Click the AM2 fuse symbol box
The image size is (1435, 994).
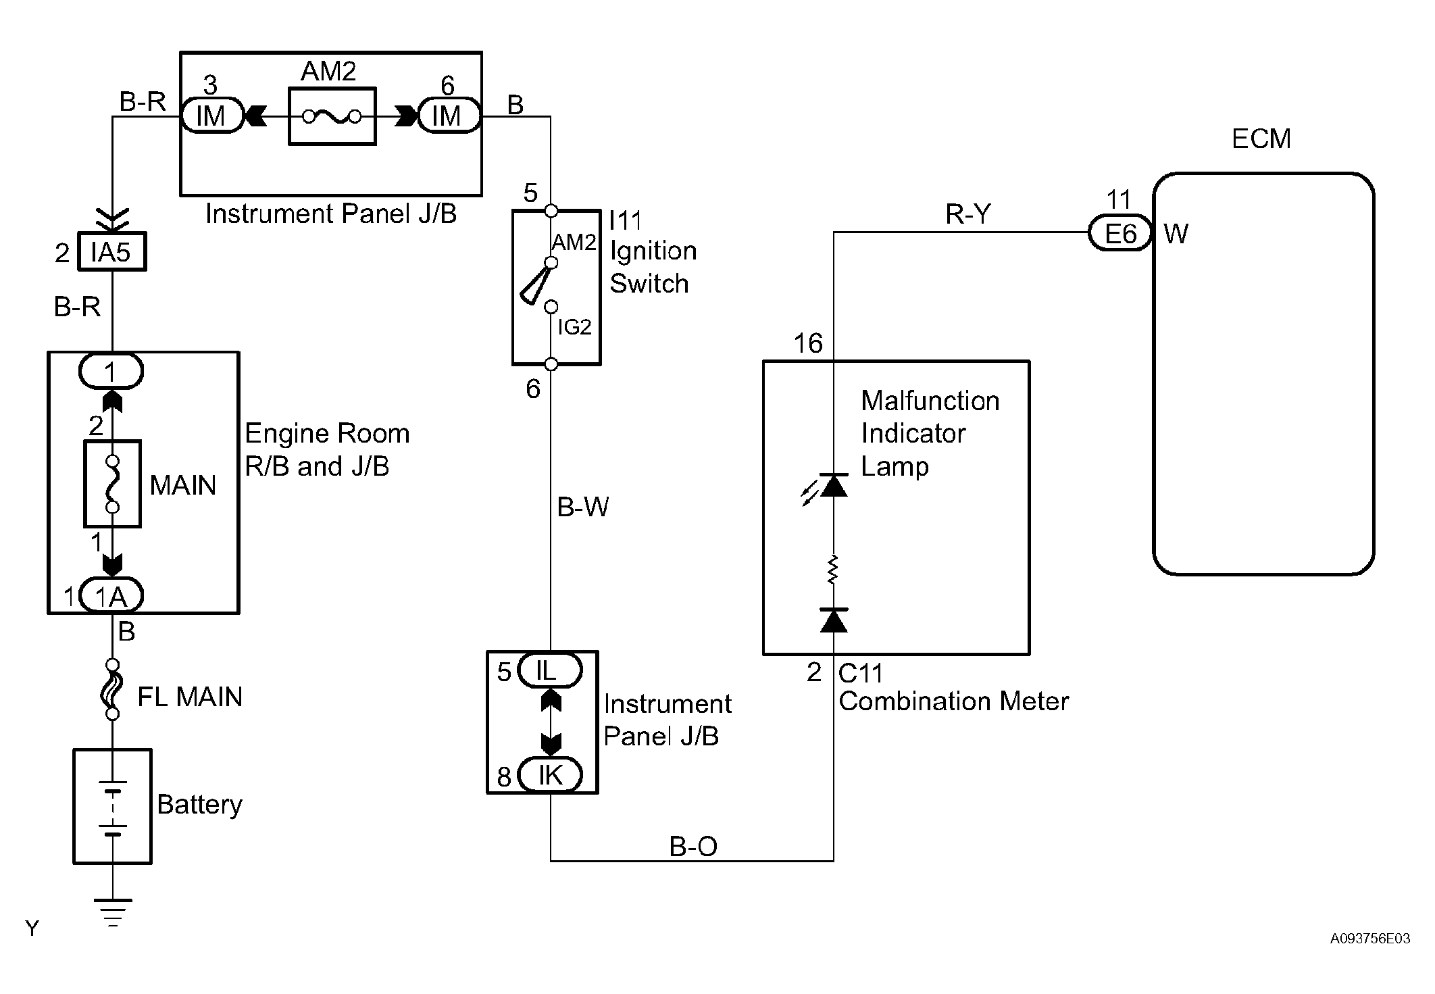(332, 116)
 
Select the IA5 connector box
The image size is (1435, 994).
(111, 253)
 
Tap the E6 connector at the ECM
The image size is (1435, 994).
(1119, 234)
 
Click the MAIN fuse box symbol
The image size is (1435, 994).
(112, 484)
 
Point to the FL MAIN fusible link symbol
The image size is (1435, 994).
(113, 689)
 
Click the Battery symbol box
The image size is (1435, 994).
(112, 805)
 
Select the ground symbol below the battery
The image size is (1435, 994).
(113, 911)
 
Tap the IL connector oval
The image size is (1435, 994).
(549, 671)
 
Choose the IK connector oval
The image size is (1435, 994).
(550, 775)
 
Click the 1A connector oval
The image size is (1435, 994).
(111, 596)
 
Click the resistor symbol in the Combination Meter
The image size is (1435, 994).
(833, 570)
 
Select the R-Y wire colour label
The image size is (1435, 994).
(967, 214)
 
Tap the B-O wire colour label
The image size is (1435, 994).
(693, 846)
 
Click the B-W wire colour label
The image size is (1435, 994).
(582, 507)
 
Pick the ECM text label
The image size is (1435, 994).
(1261, 139)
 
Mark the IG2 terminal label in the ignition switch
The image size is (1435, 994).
(574, 328)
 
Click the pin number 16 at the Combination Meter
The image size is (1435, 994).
(808, 344)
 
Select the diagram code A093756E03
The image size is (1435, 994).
(1369, 939)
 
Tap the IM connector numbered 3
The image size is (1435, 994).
(211, 116)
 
